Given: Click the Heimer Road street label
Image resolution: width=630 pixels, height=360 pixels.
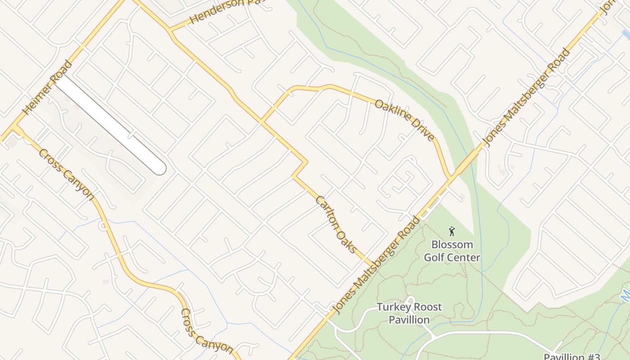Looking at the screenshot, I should [47, 87].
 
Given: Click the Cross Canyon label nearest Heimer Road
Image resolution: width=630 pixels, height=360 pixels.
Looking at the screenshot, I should [66, 174].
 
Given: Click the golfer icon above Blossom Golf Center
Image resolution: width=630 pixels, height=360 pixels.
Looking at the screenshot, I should [452, 232].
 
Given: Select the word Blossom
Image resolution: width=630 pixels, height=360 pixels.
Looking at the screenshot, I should [452, 245].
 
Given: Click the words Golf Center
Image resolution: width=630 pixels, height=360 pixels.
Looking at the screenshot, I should [452, 257].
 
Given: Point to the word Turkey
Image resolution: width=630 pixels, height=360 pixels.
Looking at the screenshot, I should [392, 307].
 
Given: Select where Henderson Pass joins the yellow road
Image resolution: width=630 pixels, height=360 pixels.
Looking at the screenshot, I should [170, 31].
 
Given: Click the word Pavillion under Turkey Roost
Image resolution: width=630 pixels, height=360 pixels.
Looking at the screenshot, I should [409, 320].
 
